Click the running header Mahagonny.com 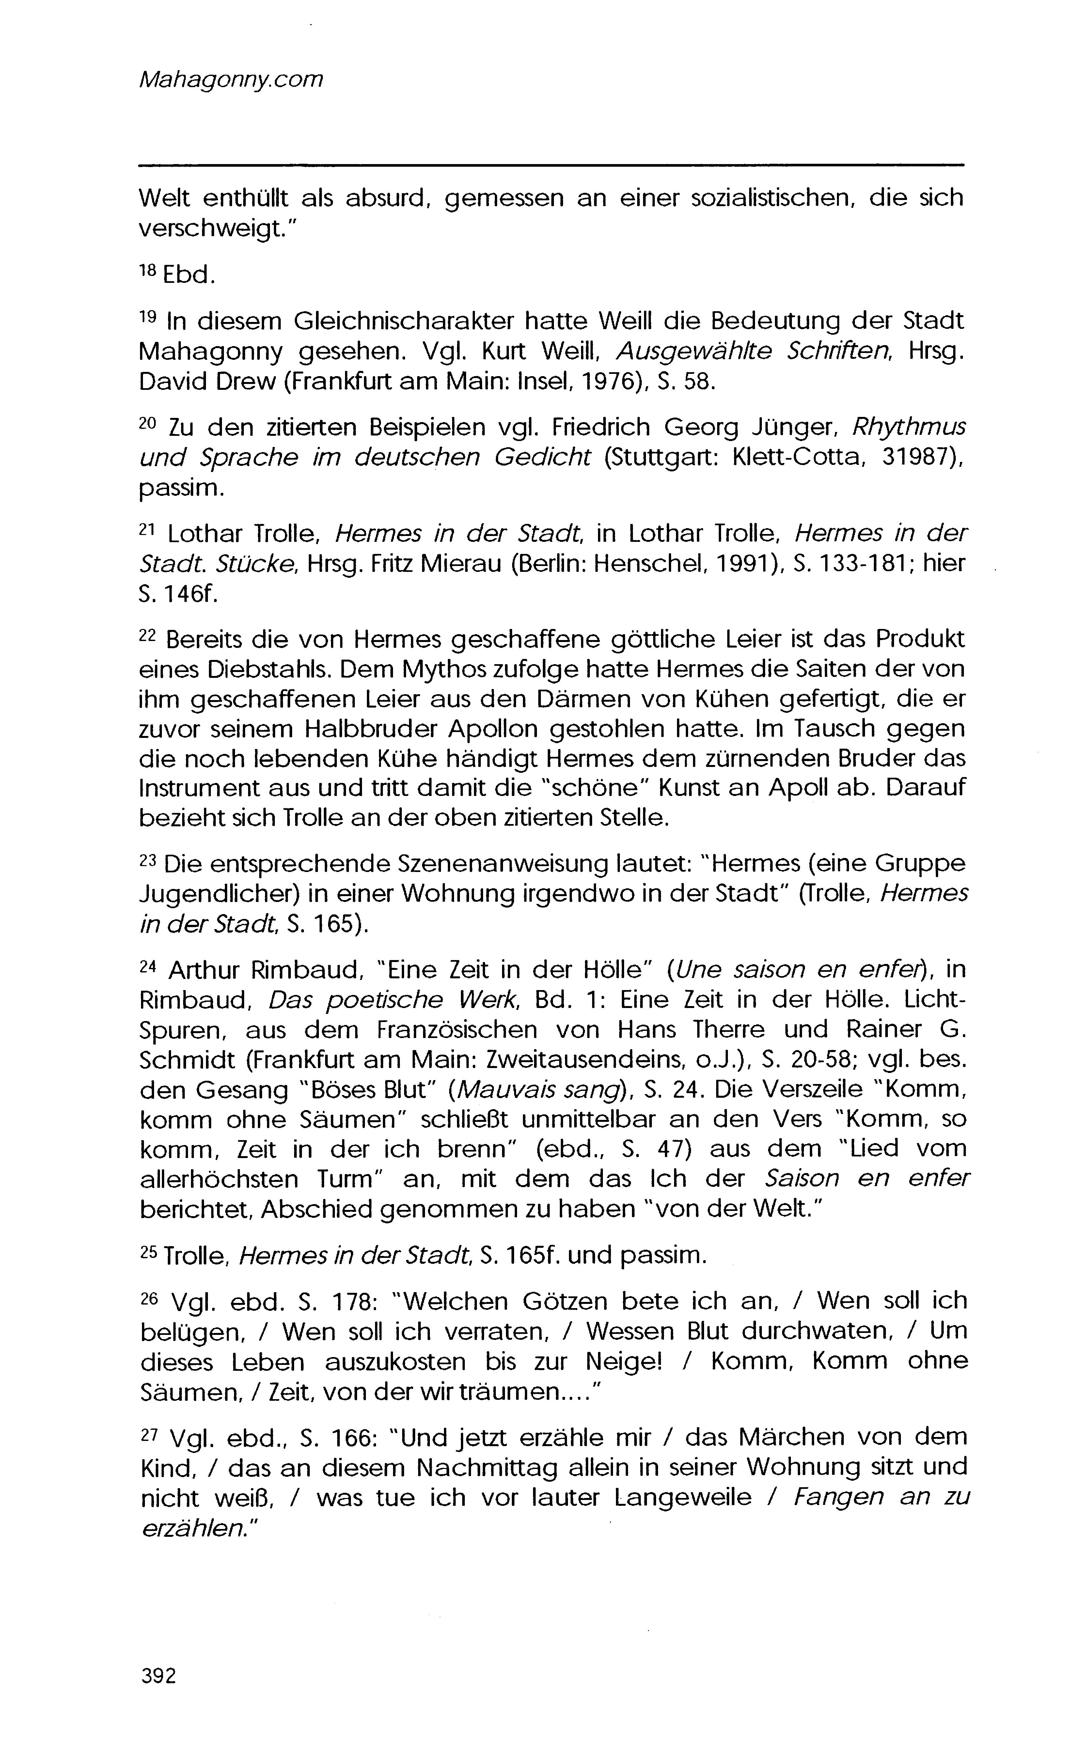coord(231,80)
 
